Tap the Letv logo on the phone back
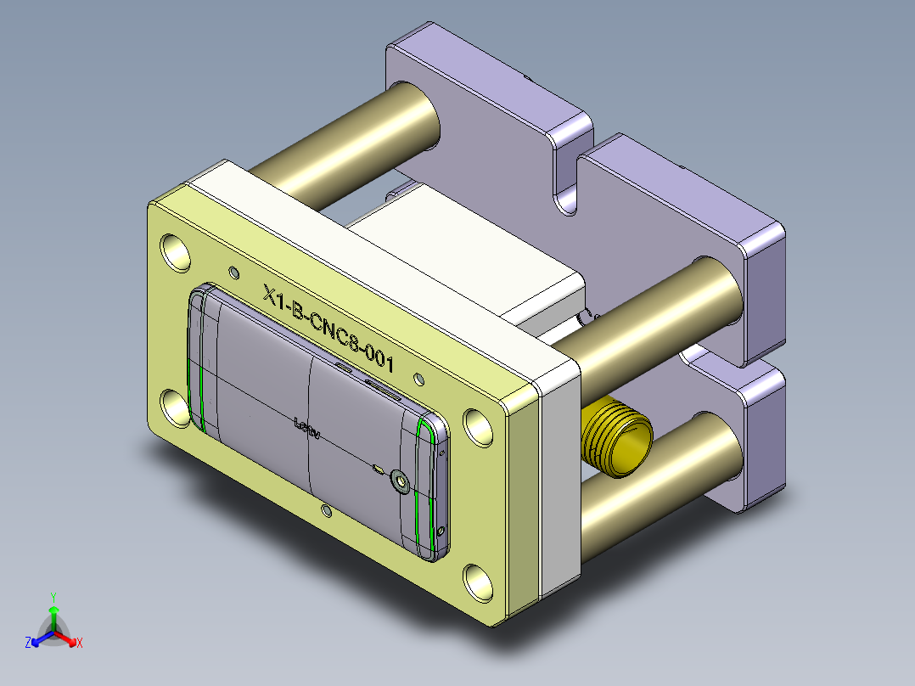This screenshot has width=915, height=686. [306, 427]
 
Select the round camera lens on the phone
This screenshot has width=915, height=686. [400, 482]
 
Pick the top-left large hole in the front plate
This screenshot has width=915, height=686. [177, 252]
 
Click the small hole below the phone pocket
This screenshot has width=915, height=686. [326, 509]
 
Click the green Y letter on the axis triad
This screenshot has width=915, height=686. [53, 596]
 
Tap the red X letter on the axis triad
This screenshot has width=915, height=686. [80, 643]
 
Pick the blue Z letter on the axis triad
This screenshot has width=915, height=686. [28, 643]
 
